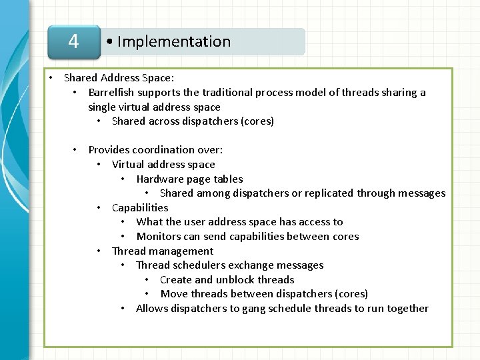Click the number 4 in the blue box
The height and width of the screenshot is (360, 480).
(73, 41)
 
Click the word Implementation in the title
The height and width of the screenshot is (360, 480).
(174, 41)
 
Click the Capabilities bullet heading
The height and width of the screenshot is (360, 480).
(140, 207)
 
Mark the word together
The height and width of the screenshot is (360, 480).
(406, 309)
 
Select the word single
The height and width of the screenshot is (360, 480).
(103, 107)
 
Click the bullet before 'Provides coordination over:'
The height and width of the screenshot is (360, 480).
(76, 150)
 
